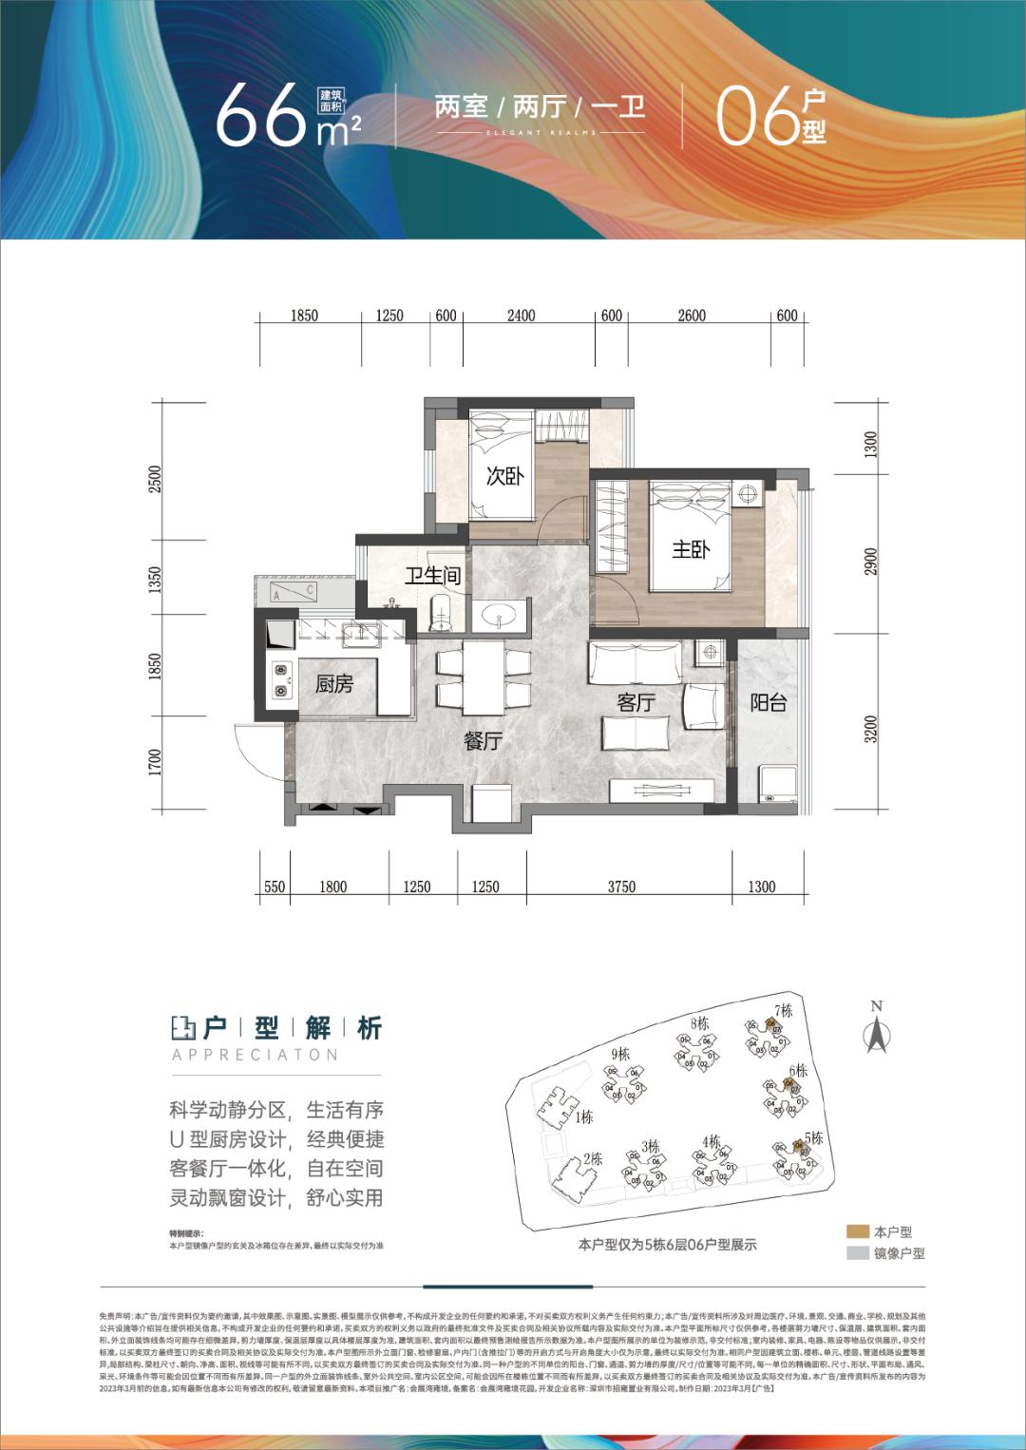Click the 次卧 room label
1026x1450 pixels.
(x=504, y=476)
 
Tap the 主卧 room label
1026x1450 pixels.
(x=691, y=549)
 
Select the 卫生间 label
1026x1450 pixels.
(x=432, y=576)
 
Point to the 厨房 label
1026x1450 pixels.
(x=334, y=684)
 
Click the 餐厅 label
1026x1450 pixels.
(x=484, y=741)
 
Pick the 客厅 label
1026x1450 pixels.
(x=636, y=702)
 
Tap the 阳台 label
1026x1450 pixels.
(x=769, y=703)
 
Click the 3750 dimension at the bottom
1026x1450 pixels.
(x=620, y=887)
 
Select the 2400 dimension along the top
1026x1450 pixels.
(x=521, y=315)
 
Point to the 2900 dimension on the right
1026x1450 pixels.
(x=871, y=561)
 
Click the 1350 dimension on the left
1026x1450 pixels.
(x=156, y=580)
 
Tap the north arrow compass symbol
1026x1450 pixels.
(x=876, y=1030)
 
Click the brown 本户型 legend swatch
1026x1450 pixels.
(x=858, y=1231)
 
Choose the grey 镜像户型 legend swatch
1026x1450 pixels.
(x=858, y=1252)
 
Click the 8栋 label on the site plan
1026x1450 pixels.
(x=701, y=1023)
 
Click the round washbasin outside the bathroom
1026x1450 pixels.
(x=498, y=619)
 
